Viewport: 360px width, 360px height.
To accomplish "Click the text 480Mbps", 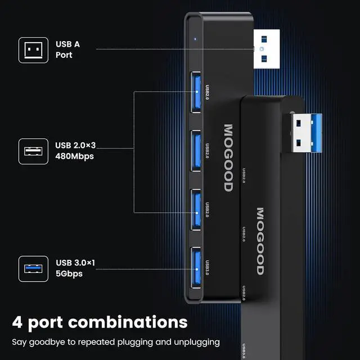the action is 74,157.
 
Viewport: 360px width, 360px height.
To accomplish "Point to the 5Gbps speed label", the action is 69,274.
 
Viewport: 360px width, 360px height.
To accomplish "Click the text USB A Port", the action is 64,49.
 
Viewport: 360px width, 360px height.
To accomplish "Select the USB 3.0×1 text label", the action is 75,263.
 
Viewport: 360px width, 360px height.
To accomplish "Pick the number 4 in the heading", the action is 17,322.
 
